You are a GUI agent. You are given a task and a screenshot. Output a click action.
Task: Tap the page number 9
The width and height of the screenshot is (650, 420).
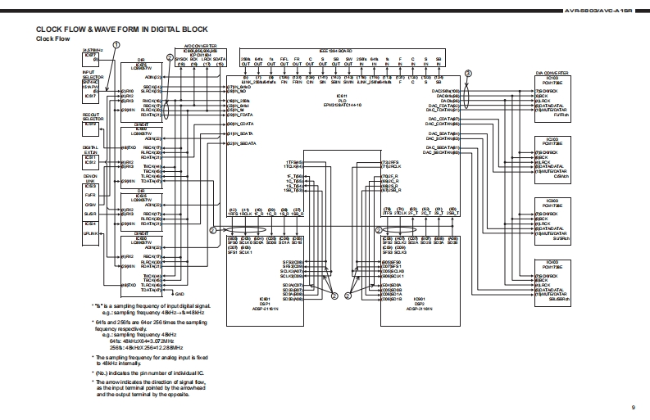tap(633, 408)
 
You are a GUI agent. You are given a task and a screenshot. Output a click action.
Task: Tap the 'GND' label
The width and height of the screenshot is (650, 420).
tap(180, 293)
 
